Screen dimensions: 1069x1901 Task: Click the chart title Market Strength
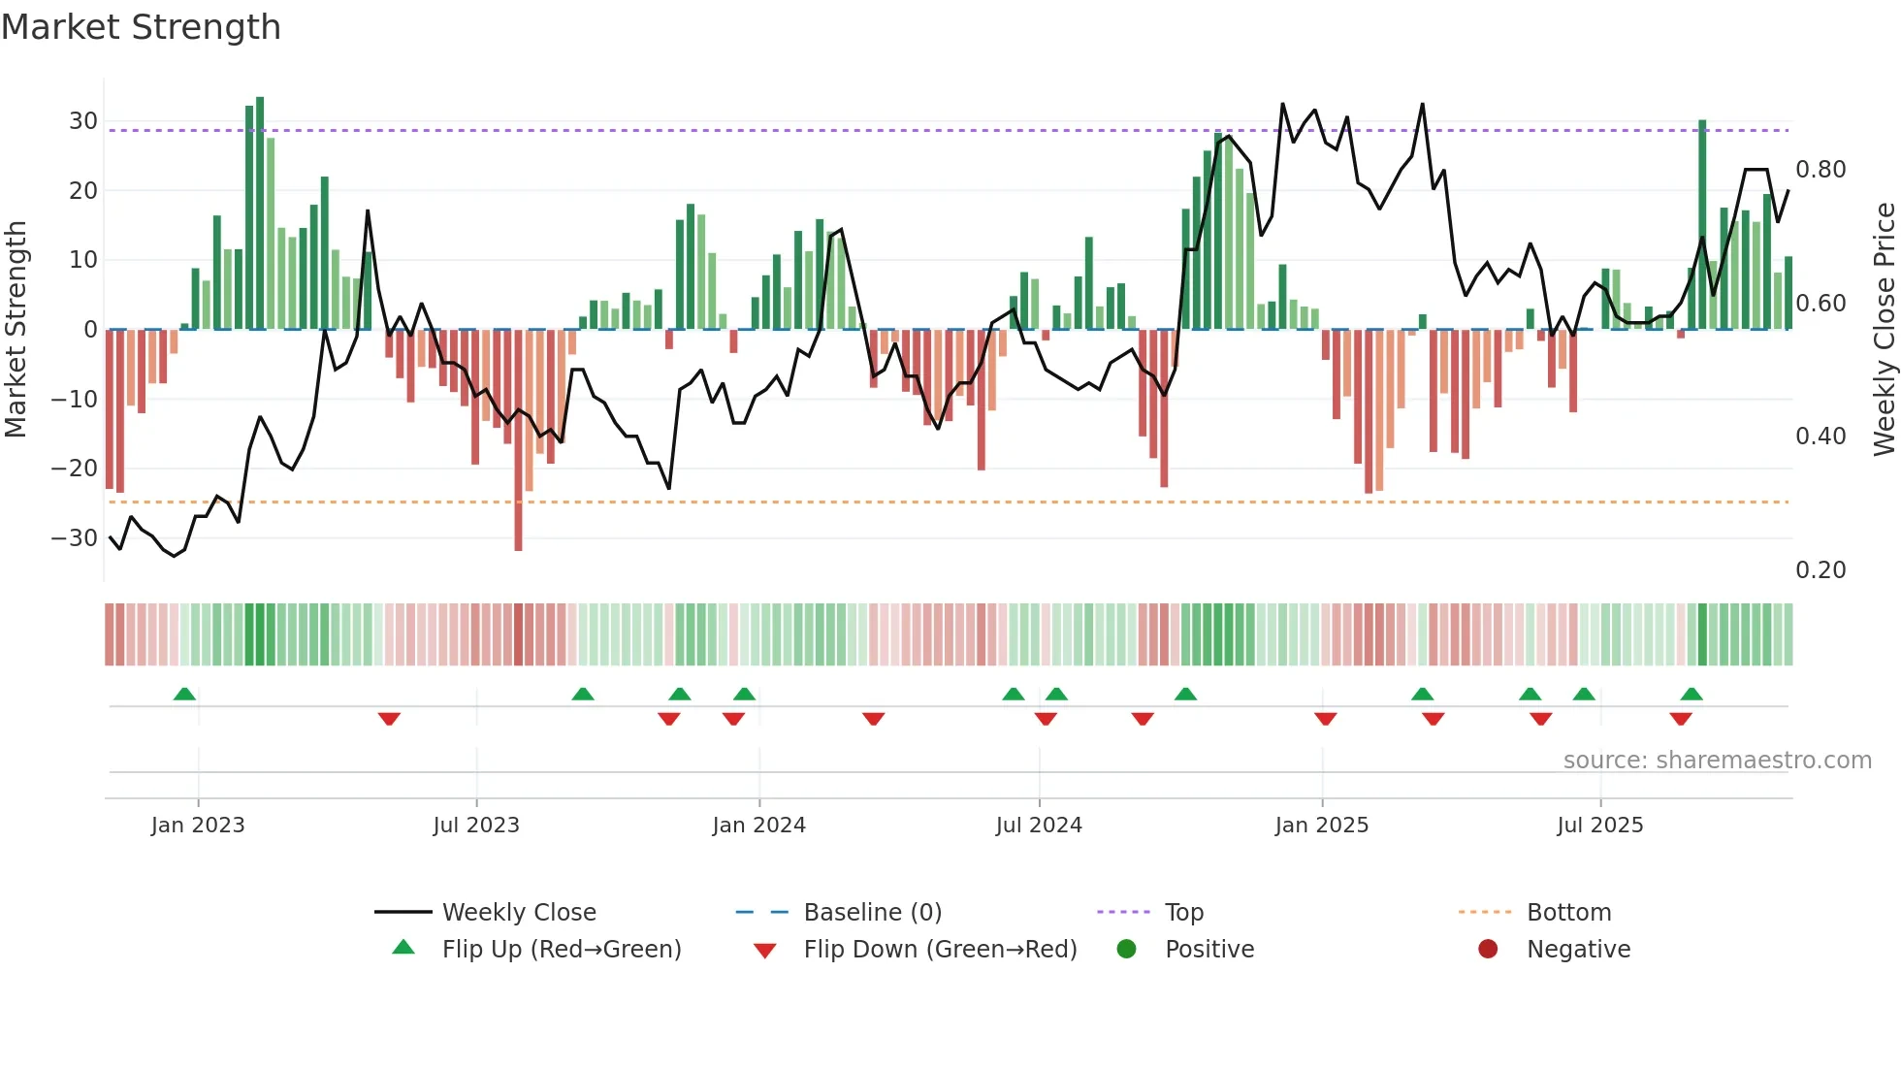(x=141, y=27)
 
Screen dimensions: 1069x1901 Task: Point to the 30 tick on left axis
(x=83, y=121)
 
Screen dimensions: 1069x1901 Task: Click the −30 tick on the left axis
(x=75, y=537)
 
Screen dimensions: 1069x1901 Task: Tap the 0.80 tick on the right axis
(x=1820, y=170)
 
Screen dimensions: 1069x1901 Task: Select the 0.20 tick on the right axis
(x=1820, y=570)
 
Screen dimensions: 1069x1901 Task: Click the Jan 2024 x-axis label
(x=758, y=826)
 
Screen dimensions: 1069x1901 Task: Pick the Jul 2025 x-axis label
(x=1599, y=826)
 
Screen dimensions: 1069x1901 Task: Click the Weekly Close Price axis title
(x=1884, y=330)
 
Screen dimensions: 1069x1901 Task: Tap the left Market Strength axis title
(x=16, y=330)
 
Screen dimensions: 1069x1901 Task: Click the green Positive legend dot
(x=1126, y=950)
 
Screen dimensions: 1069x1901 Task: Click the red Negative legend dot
(x=1488, y=950)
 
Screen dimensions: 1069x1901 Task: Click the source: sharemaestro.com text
(x=1717, y=761)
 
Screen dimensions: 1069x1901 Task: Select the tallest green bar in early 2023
(x=260, y=213)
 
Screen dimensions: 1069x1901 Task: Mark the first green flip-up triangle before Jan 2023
(x=184, y=694)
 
